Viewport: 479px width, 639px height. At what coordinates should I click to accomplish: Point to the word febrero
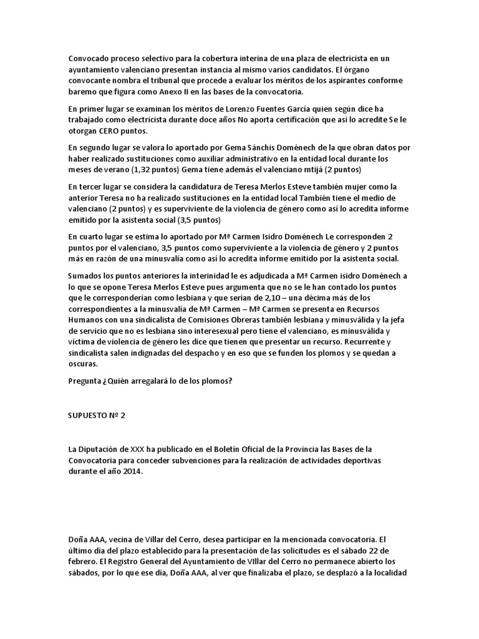click(x=84, y=560)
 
